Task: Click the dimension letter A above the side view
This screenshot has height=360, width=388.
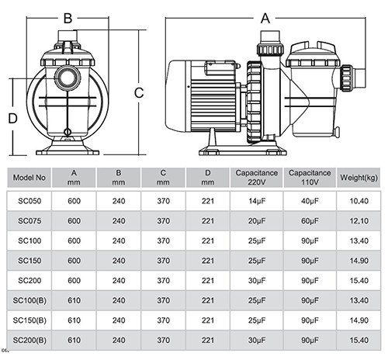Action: [x=265, y=19]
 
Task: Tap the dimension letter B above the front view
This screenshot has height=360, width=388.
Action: [x=68, y=19]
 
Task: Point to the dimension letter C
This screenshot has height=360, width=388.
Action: [x=139, y=93]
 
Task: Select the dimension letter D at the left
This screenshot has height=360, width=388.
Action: [x=12, y=119]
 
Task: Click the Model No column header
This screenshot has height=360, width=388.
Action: [x=29, y=178]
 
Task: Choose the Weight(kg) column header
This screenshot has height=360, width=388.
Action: [x=359, y=178]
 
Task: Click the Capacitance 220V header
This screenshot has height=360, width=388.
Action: [x=257, y=178]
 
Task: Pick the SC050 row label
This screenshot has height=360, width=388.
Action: [x=29, y=201]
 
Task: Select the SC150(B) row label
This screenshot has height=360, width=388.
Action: [x=29, y=320]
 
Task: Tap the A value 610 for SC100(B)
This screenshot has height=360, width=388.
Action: [x=74, y=300]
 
